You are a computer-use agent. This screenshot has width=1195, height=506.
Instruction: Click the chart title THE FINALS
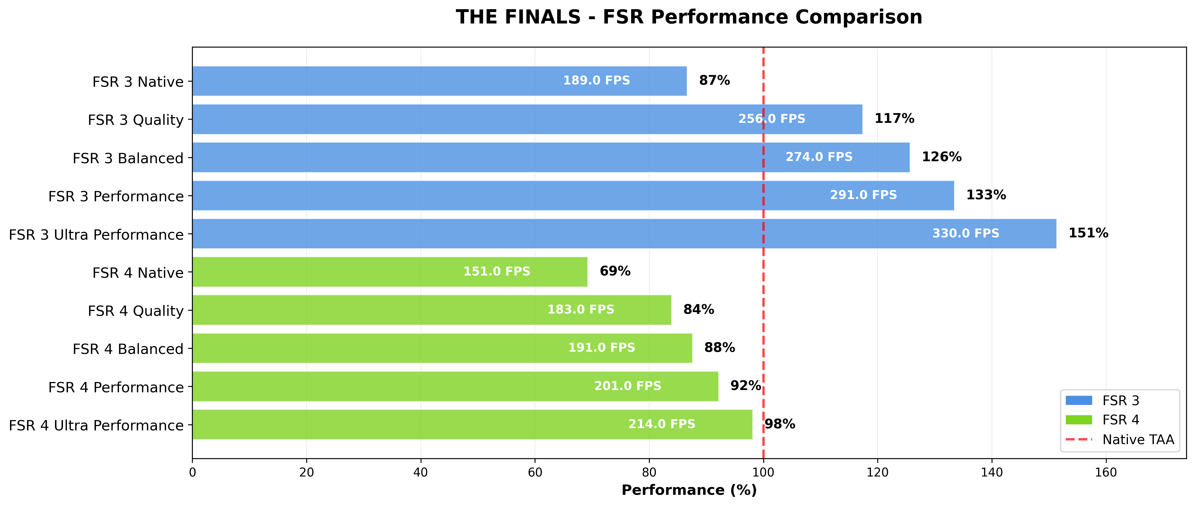(x=689, y=17)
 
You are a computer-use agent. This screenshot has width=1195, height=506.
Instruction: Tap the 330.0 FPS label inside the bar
(x=966, y=233)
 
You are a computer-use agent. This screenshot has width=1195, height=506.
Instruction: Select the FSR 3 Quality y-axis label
(x=136, y=120)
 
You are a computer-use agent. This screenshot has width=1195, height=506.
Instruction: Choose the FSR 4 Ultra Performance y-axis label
(x=96, y=425)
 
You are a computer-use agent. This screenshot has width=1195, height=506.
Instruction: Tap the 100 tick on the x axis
(x=763, y=472)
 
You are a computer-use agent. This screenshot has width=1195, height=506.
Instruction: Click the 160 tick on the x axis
(x=1106, y=472)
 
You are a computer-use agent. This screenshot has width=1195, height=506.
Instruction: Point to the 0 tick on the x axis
(x=193, y=472)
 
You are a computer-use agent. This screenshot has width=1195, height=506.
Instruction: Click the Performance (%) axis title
(x=689, y=490)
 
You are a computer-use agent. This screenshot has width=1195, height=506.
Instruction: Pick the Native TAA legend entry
(x=1138, y=439)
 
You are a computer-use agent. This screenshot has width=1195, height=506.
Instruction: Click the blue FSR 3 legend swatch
(x=1079, y=400)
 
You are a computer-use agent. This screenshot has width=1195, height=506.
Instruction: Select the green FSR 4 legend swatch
(x=1079, y=420)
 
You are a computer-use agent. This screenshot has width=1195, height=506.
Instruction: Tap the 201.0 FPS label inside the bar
(x=628, y=386)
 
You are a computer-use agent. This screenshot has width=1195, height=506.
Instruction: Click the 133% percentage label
(x=986, y=195)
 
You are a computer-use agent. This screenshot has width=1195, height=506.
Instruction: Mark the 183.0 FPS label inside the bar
(x=581, y=309)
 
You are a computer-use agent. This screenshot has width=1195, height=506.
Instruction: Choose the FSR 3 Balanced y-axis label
(x=128, y=158)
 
